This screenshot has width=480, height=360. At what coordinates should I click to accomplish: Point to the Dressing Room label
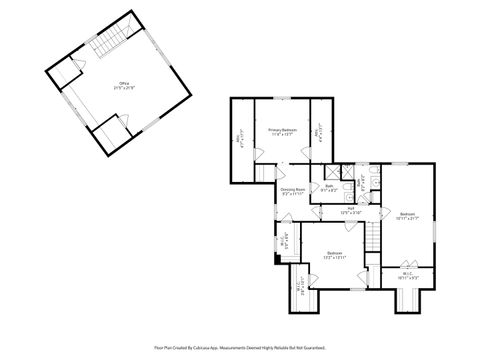[x=293, y=192]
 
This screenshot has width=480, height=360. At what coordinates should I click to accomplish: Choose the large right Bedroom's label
[x=408, y=217]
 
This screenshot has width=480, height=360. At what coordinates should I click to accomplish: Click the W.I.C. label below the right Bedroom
[x=408, y=274]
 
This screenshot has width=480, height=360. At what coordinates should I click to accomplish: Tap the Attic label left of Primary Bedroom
[x=240, y=141]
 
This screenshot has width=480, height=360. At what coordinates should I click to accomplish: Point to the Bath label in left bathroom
[x=328, y=188]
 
